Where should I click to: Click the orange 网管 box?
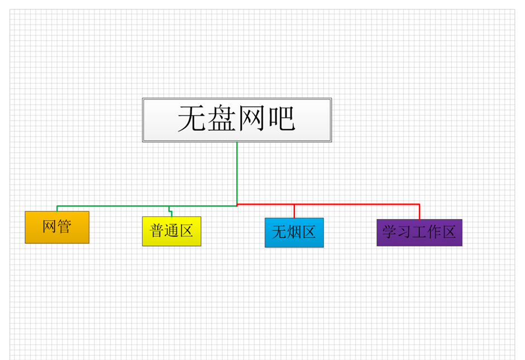pyautogui.click(x=57, y=228)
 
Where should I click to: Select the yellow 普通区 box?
pyautogui.click(x=171, y=231)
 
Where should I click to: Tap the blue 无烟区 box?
pyautogui.click(x=294, y=233)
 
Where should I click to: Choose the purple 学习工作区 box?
pyautogui.click(x=419, y=233)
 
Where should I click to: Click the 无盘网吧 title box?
pyautogui.click(x=237, y=120)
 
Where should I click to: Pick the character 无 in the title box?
pyautogui.click(x=192, y=119)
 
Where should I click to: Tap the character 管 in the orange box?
pyautogui.click(x=64, y=226)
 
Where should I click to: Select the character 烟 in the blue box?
pyautogui.click(x=294, y=232)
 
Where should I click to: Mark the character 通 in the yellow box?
pyautogui.click(x=171, y=231)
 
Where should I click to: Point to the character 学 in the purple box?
pyautogui.click(x=389, y=232)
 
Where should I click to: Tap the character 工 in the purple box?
pyautogui.click(x=419, y=232)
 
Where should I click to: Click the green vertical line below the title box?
pyautogui.click(x=237, y=173)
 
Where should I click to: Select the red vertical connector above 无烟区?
pyautogui.click(x=294, y=211)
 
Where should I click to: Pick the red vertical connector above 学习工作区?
pyautogui.click(x=419, y=212)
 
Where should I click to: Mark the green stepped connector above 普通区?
pyautogui.click(x=170, y=211)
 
